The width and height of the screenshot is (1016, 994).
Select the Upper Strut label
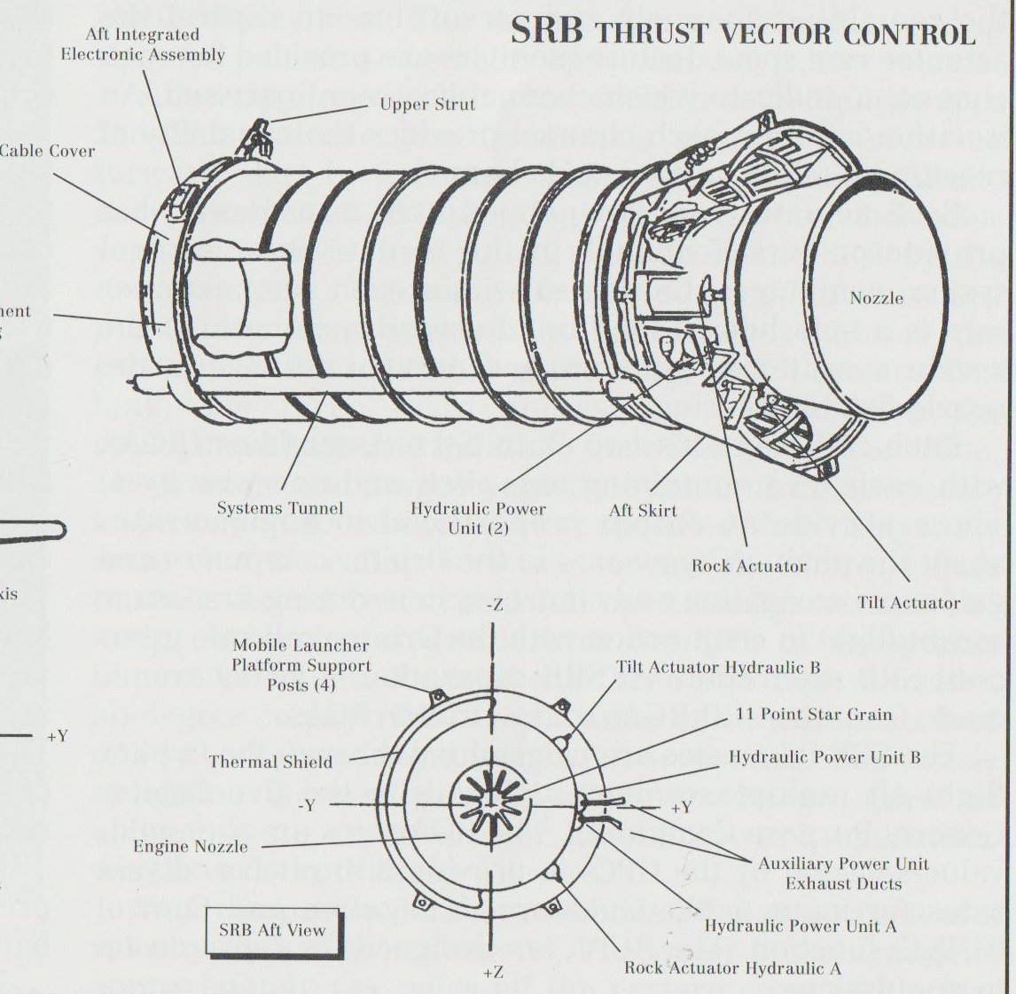click(427, 105)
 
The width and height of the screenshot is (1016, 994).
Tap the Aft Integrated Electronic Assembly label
click(142, 44)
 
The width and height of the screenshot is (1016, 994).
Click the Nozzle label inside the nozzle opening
click(876, 298)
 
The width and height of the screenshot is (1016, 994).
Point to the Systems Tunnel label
click(279, 508)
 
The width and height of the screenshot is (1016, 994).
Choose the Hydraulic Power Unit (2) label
click(478, 518)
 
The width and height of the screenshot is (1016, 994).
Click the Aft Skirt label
click(643, 511)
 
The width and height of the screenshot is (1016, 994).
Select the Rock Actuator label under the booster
click(748, 566)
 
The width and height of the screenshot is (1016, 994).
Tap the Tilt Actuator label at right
click(908, 603)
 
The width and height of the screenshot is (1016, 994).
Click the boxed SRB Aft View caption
click(272, 930)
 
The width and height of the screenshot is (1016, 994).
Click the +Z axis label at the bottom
click(494, 973)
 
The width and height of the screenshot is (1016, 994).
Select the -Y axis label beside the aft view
click(307, 806)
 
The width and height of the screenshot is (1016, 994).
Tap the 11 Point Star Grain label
click(813, 714)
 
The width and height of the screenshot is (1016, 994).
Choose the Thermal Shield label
click(270, 762)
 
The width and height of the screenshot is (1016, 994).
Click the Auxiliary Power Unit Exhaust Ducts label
click(843, 873)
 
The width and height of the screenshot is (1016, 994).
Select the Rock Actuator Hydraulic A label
click(732, 967)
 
